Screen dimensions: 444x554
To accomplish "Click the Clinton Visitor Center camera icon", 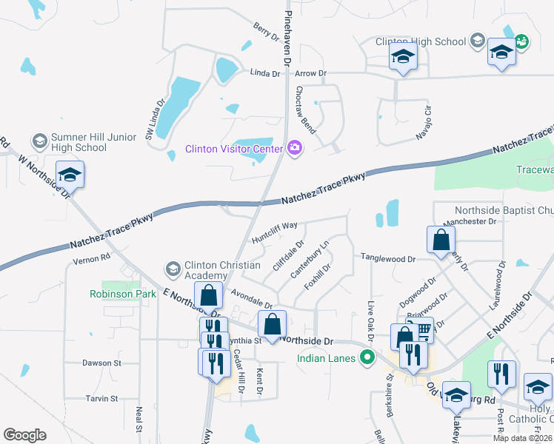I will coord(295,149).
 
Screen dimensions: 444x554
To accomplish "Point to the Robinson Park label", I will coord(123,294).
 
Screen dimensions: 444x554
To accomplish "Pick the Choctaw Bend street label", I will coord(306,110).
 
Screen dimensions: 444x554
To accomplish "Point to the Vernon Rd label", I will coord(92,259).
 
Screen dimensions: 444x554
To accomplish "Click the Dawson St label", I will coord(102,363).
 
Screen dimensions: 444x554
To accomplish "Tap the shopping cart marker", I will coord(421,329).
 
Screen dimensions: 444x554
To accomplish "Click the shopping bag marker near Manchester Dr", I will coord(441,240).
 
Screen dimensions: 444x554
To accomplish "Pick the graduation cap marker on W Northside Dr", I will coord(70,175).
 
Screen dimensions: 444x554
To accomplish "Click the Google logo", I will coord(24,435).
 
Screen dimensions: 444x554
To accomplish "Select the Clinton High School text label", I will coord(420,42).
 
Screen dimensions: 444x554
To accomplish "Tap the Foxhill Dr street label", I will coord(317,276).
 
